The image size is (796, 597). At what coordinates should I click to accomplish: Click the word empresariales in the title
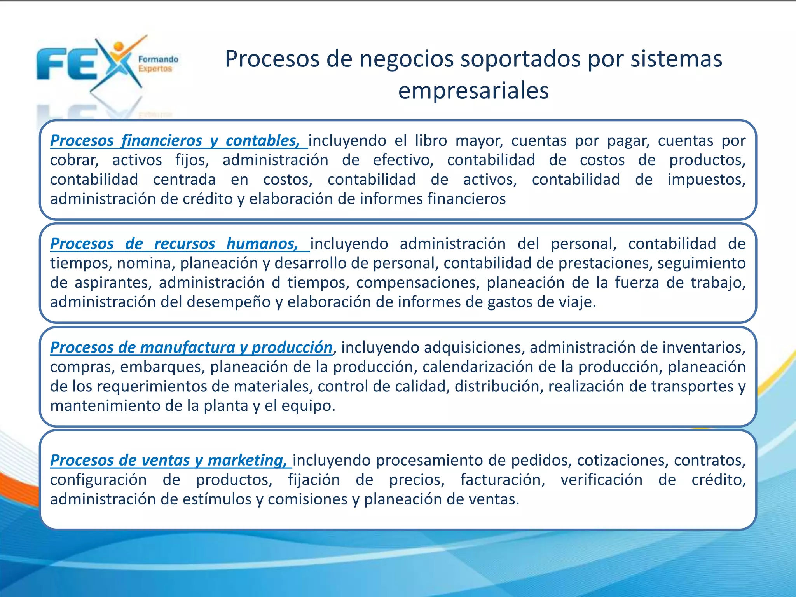(473, 91)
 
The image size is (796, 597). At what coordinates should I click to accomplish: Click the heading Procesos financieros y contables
(175, 141)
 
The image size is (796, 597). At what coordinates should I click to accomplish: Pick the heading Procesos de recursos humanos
(174, 244)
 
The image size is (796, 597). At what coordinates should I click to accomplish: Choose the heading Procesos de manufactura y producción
(191, 347)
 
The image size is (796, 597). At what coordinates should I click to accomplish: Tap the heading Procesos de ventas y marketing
(169, 460)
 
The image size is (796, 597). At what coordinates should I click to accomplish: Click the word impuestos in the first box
(705, 180)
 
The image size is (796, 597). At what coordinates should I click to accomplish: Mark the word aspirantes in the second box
(113, 283)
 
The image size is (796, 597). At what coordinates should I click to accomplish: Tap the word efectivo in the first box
(403, 160)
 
